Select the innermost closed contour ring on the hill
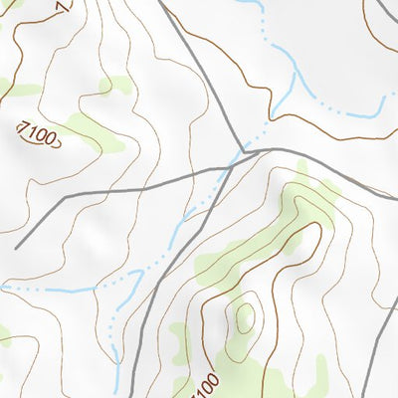245,316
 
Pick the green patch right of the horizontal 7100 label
95,134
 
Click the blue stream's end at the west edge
3,286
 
